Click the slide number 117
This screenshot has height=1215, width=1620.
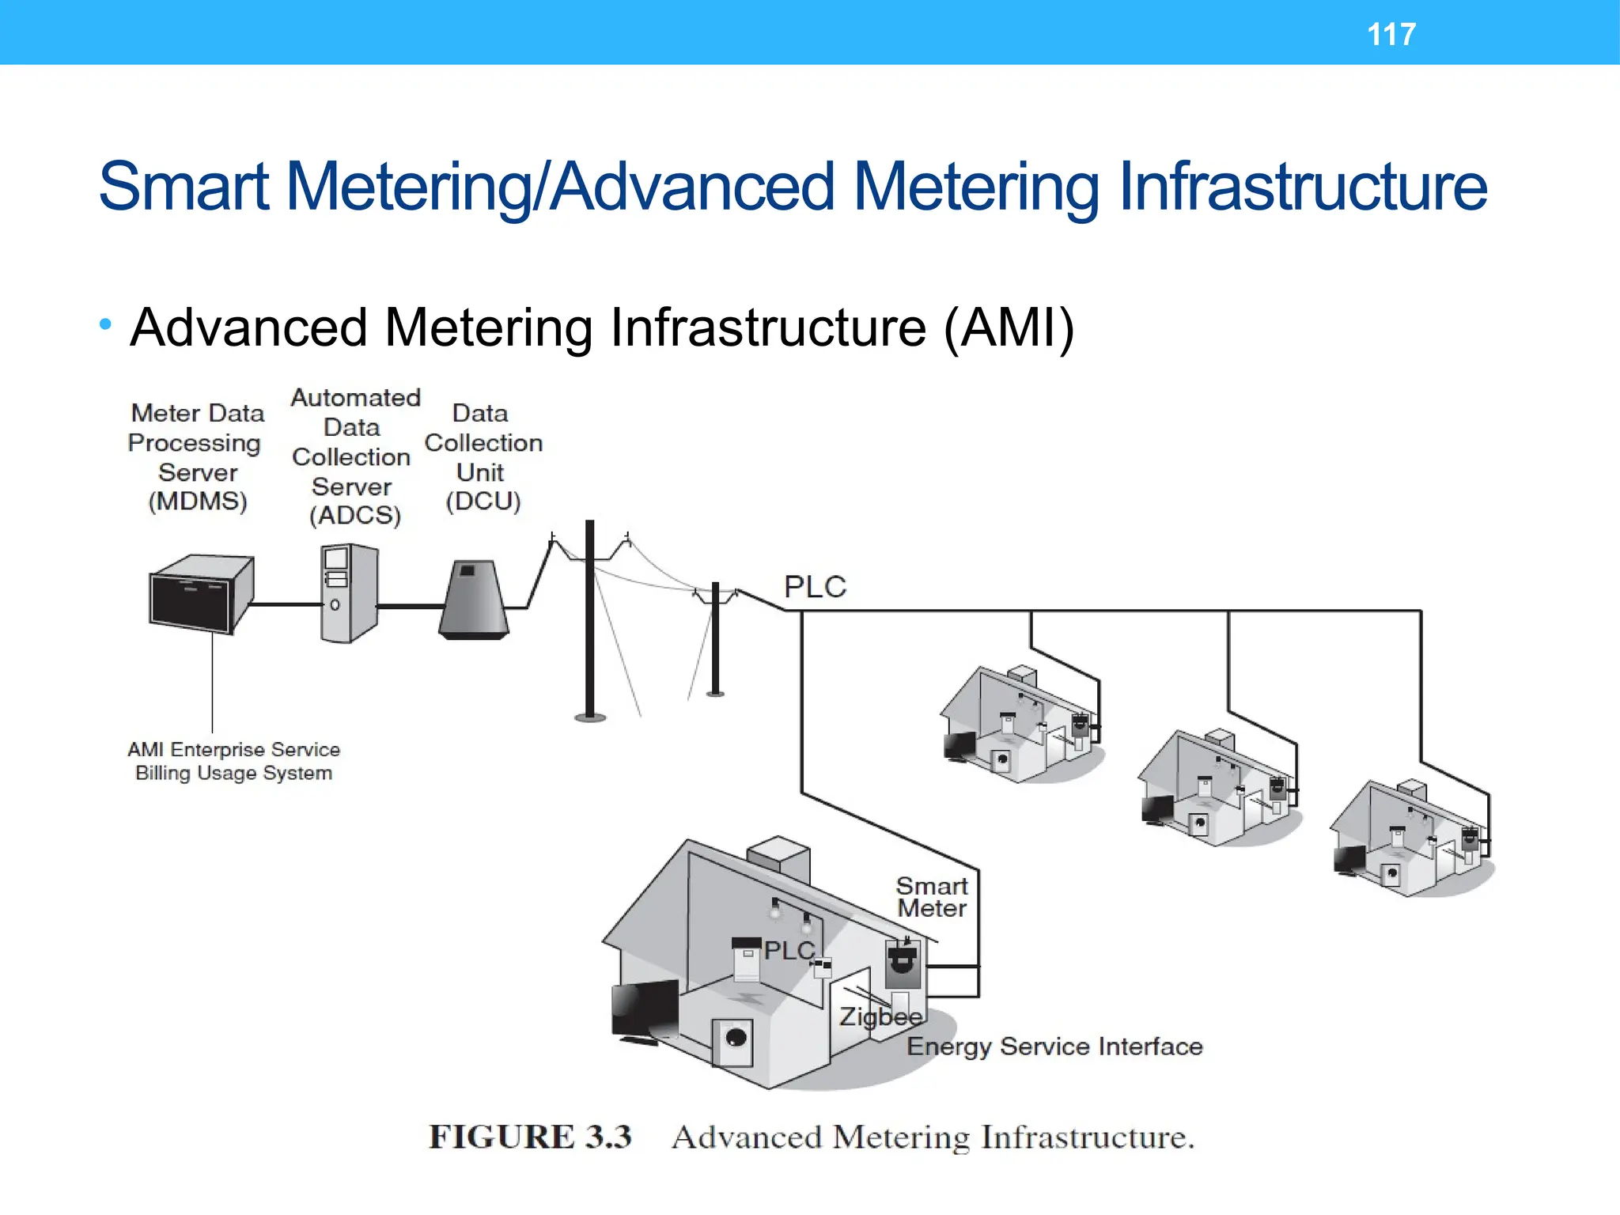click(1391, 34)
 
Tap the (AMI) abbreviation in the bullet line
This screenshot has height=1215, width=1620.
click(1009, 327)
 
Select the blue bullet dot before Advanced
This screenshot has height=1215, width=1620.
click(105, 324)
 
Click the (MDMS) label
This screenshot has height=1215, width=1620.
click(198, 502)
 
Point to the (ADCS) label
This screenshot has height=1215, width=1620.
click(355, 516)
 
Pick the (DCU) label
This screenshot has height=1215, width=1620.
click(483, 502)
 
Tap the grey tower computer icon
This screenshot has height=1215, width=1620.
click(349, 593)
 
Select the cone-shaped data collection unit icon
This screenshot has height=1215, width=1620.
click(473, 600)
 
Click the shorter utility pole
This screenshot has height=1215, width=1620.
click(715, 641)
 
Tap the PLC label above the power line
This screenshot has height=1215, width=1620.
click(815, 587)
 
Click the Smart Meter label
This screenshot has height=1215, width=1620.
click(932, 897)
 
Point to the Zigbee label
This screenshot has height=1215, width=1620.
click(880, 1016)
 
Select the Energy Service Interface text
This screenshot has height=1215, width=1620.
click(1054, 1047)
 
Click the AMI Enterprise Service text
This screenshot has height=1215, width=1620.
click(233, 749)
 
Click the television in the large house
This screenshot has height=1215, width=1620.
click(645, 1010)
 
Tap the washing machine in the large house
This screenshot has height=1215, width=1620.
click(733, 1040)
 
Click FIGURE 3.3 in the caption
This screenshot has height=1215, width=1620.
click(530, 1137)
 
